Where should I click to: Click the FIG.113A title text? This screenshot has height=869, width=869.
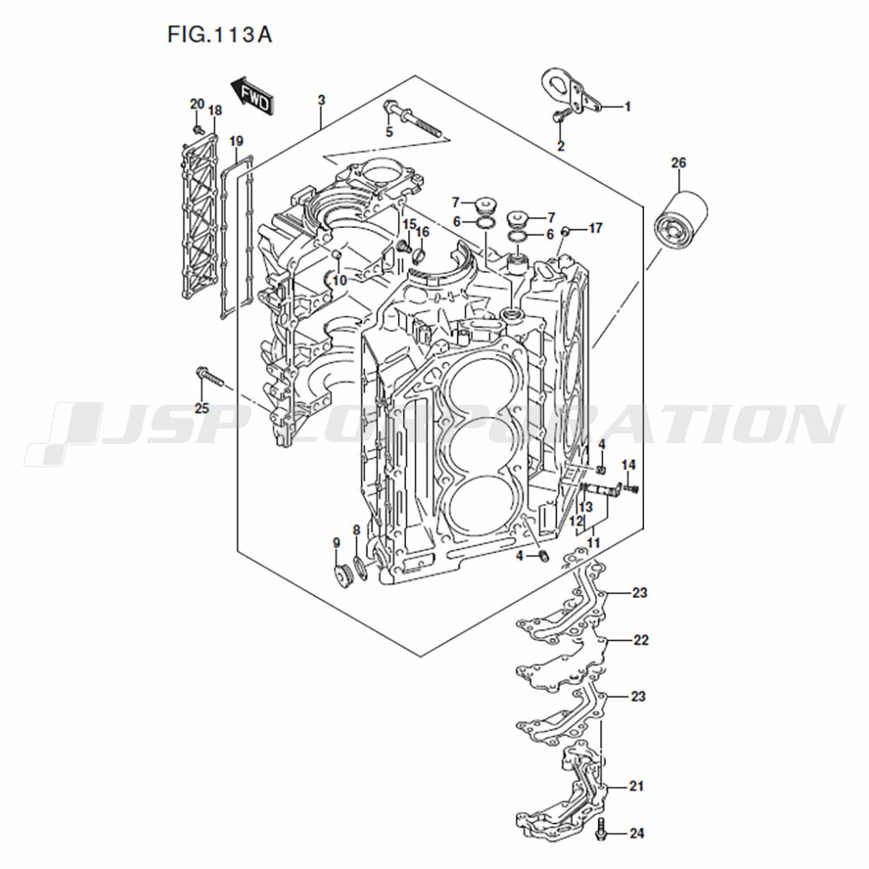pyautogui.click(x=220, y=35)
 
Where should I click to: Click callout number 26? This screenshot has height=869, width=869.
pyautogui.click(x=679, y=163)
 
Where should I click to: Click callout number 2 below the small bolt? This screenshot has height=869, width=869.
pyautogui.click(x=561, y=146)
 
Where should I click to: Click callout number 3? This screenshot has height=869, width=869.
pyautogui.click(x=322, y=100)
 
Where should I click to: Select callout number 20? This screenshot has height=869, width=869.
pyautogui.click(x=197, y=104)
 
